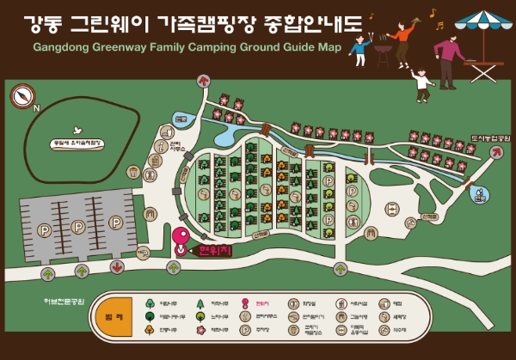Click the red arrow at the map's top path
point(203,80)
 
